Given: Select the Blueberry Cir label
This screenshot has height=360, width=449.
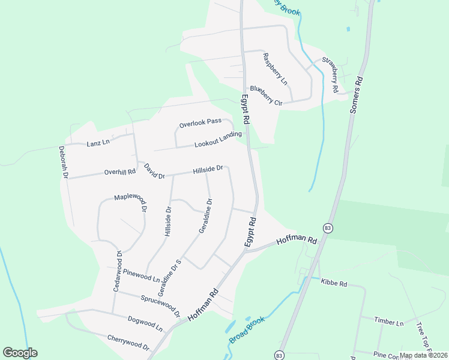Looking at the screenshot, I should [x=266, y=96].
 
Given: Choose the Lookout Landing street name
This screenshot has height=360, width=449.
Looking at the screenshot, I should [x=217, y=141].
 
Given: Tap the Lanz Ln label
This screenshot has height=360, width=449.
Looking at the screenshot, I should [x=98, y=143].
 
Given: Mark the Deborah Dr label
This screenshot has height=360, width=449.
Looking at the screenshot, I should [x=64, y=162].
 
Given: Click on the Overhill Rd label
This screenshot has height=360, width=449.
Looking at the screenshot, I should [x=120, y=172].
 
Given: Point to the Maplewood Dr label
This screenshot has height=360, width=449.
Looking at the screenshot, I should [x=131, y=203].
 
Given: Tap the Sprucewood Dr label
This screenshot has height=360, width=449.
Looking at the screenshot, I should [x=160, y=304].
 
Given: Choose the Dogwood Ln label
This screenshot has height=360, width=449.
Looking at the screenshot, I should [x=145, y=323].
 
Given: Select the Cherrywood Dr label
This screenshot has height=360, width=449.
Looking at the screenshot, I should [x=128, y=342].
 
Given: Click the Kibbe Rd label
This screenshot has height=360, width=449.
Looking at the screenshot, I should [x=334, y=282].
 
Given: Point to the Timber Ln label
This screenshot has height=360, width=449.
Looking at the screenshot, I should [x=389, y=322].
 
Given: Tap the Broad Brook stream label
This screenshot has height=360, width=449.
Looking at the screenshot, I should [x=247, y=331].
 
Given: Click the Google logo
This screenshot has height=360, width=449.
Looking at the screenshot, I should [x=20, y=353].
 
